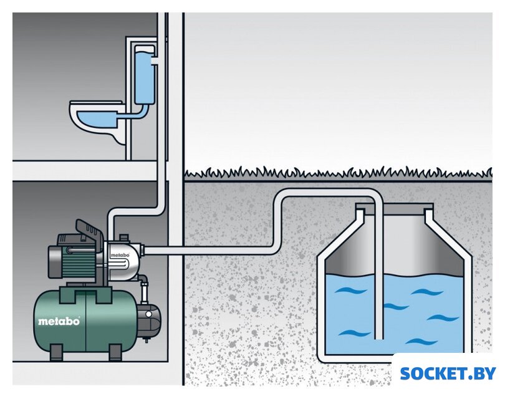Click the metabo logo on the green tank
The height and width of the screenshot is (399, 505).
[59, 321]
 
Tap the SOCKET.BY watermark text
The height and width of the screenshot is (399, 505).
[448, 373]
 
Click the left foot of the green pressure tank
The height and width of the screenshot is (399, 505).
[55, 352]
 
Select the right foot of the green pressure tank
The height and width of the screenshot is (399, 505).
[115, 352]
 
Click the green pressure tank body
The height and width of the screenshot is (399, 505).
[84, 321]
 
